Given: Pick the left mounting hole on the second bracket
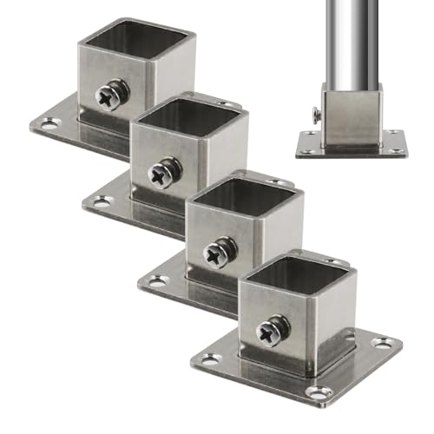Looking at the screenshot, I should (x=103, y=201).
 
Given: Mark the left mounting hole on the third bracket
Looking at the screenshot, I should (x=157, y=280).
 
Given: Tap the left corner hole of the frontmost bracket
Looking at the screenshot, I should (x=212, y=358).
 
